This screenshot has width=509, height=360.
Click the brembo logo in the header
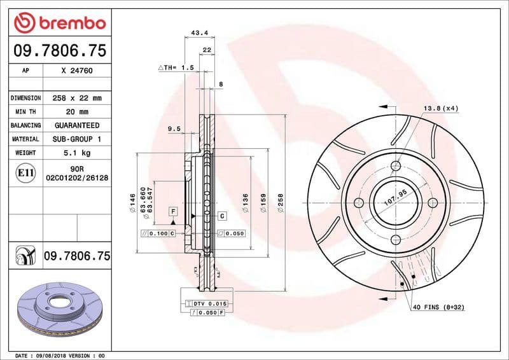[x=59, y=24]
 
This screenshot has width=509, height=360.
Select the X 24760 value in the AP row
[x=77, y=71]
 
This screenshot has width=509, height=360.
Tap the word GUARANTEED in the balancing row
[x=77, y=125]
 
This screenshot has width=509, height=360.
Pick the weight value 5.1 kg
[x=77, y=153]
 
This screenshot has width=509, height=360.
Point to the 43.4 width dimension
[x=199, y=32]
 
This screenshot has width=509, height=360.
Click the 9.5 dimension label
[x=174, y=129]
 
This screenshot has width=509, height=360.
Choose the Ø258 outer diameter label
[x=280, y=203]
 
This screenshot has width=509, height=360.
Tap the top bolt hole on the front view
[x=395, y=166]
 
